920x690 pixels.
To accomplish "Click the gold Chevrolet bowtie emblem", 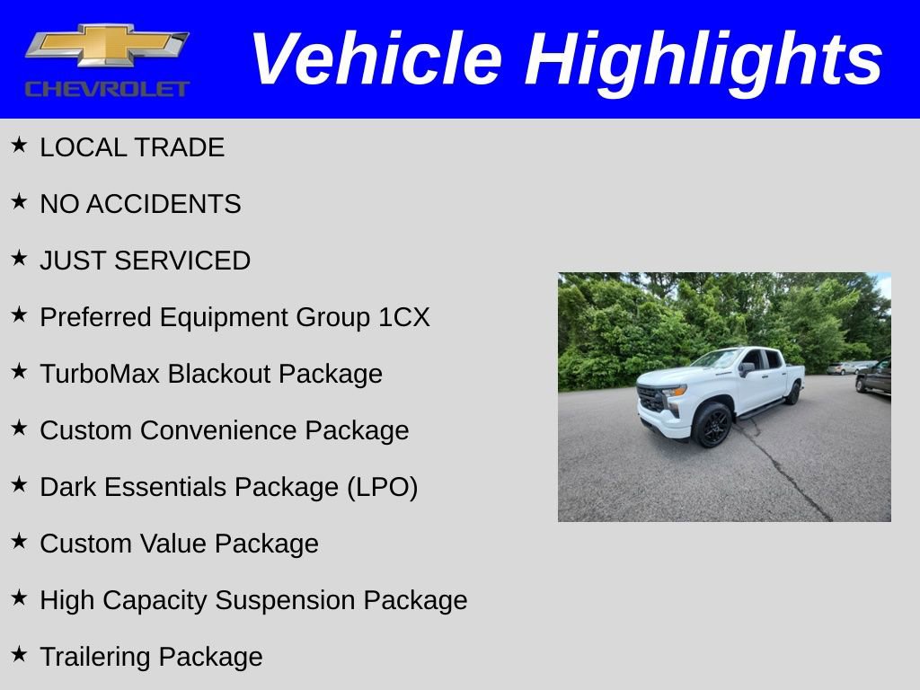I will (106, 45).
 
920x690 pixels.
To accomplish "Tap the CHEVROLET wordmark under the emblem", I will (107, 89).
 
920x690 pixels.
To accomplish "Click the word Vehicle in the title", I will (376, 59).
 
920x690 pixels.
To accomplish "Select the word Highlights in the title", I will (704, 59).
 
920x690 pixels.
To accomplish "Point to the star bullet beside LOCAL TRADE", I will (19, 145).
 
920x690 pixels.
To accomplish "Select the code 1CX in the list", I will (403, 317).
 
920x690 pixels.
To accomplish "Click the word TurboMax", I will (100, 374).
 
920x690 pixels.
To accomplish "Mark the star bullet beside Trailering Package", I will (19, 654).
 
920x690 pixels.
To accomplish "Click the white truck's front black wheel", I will (712, 424).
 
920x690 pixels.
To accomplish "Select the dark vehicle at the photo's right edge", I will (874, 378).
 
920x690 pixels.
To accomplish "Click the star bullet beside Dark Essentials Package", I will (19, 484).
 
